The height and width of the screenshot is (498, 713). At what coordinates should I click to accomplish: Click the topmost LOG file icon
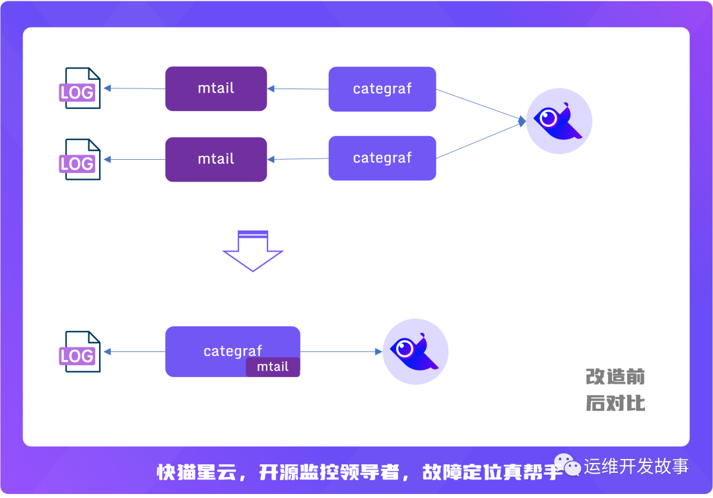tap(79, 89)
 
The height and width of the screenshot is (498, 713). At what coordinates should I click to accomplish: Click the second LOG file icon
tap(79, 159)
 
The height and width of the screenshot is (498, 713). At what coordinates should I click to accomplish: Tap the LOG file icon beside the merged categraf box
tap(79, 352)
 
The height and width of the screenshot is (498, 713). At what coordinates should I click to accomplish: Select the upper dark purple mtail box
tap(216, 89)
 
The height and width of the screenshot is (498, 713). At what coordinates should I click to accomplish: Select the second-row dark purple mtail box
tap(216, 159)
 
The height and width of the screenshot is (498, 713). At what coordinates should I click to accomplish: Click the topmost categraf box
tap(382, 89)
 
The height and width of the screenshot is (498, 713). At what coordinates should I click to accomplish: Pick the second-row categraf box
tap(382, 158)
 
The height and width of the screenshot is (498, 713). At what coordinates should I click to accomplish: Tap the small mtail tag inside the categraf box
tap(273, 367)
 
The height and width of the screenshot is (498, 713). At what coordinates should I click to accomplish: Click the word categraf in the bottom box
tap(232, 351)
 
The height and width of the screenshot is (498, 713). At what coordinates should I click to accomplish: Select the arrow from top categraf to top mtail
tap(298, 89)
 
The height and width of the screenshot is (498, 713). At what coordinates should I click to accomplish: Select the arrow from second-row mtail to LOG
tap(135, 159)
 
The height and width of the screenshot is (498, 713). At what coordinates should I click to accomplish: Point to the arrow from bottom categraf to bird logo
tap(341, 352)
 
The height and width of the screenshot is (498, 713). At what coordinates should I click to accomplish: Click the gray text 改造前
tap(615, 376)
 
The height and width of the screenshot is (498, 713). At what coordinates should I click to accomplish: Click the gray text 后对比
tap(615, 402)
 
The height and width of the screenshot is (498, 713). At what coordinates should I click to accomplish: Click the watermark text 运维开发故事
tap(636, 466)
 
